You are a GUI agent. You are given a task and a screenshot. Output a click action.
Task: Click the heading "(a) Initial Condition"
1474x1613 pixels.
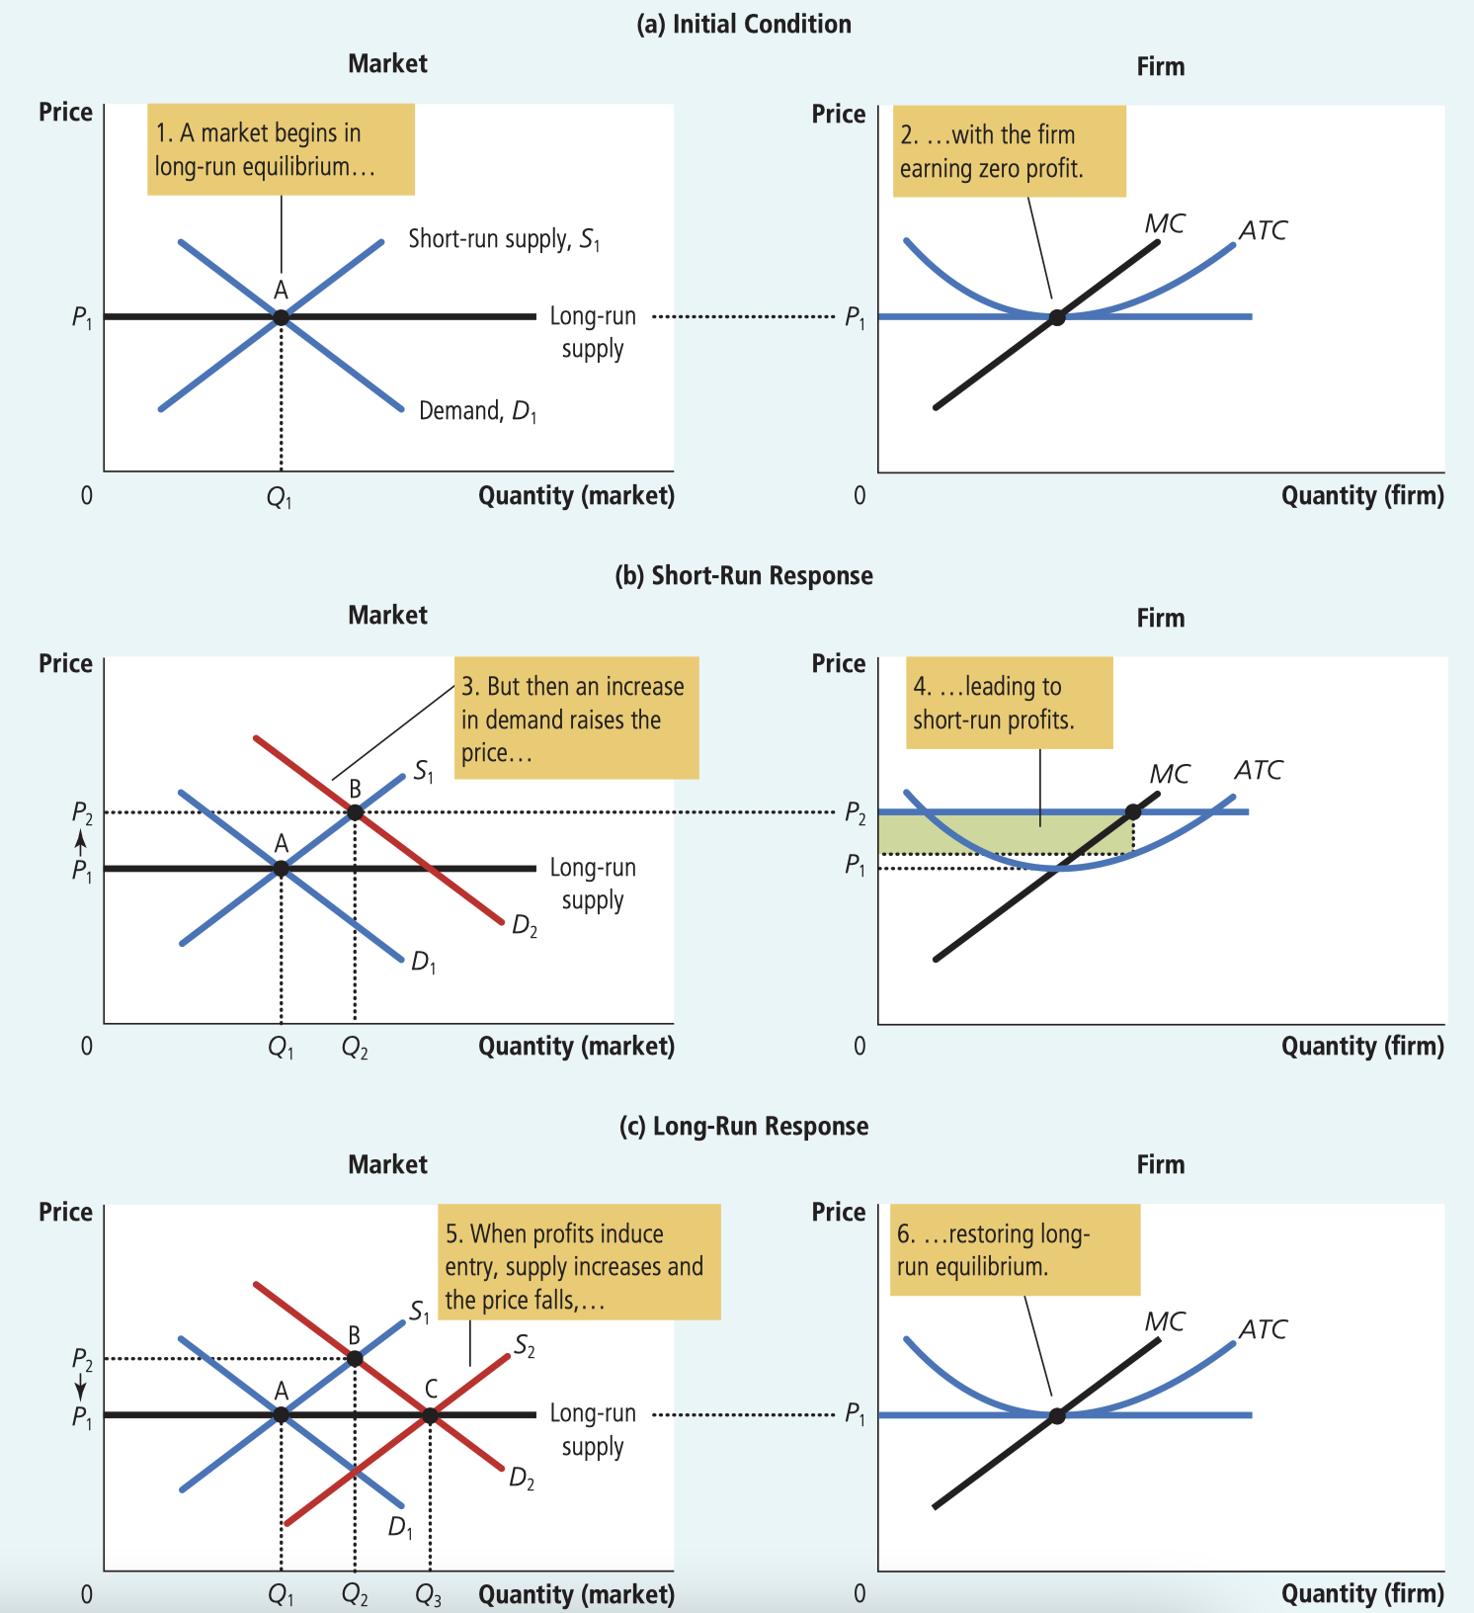pos(743,25)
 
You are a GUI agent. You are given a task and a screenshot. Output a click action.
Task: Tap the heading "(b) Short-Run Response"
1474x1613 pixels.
pos(743,576)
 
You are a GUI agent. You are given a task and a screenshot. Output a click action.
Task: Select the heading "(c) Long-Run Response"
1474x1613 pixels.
pos(743,1127)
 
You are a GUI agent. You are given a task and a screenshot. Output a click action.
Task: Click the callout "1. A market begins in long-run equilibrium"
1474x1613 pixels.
pos(281,149)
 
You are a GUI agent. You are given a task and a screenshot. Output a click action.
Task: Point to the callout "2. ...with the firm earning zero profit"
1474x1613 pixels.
pos(1009,151)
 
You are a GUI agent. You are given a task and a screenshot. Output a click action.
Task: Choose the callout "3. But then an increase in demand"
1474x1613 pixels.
pos(576,719)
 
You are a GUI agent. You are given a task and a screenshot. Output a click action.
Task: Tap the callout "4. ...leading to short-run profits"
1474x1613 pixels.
pos(1009,703)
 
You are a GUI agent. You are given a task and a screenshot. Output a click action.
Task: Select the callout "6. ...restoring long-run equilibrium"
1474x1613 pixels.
pos(1015,1250)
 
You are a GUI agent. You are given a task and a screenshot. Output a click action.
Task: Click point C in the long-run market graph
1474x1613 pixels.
pos(430,1415)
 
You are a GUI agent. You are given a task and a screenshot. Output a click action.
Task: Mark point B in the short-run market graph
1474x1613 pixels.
pos(355,812)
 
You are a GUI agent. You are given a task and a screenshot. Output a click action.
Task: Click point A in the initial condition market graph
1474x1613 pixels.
pos(281,317)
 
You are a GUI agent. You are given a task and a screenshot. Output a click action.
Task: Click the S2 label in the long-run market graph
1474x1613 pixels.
pos(525,1346)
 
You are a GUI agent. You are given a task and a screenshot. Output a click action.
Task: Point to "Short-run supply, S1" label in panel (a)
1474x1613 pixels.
pos(504,239)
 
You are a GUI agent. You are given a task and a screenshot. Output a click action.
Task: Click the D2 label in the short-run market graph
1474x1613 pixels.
pos(525,927)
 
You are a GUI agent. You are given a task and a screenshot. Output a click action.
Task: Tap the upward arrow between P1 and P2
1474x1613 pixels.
pos(81,841)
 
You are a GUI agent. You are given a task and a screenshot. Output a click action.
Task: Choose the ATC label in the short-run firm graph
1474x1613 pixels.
pos(1258,770)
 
